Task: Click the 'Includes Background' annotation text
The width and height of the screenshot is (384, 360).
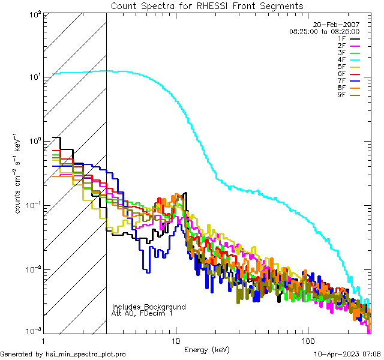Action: (148, 307)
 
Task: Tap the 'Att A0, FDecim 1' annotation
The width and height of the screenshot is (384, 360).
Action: (143, 313)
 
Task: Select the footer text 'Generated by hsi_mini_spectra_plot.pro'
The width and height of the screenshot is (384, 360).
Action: (63, 355)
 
